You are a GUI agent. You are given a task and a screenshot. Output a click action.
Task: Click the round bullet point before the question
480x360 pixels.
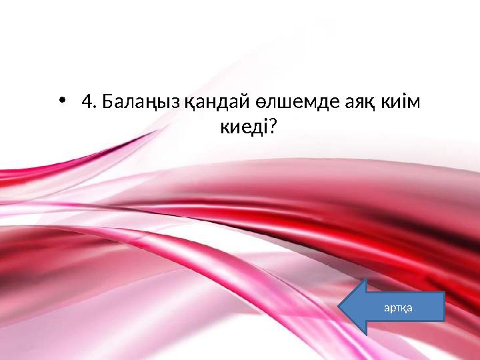pos(62,102)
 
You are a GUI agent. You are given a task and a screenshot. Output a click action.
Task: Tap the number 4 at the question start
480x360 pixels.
pos(85,103)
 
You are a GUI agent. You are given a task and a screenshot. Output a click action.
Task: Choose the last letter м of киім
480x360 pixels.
pos(419,104)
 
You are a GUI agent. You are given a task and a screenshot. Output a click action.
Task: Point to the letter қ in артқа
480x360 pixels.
pos(403,307)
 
